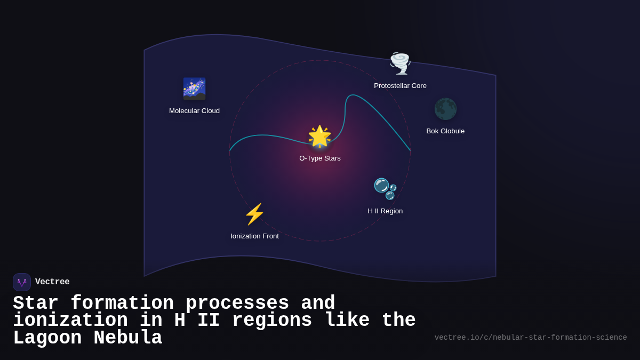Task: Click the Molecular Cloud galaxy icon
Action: [x=194, y=89]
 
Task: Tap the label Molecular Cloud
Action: [x=194, y=111]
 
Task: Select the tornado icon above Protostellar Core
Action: [x=400, y=63]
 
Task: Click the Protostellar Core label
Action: [x=400, y=86]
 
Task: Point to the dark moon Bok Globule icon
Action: [x=445, y=109]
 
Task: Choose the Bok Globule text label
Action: [x=445, y=131]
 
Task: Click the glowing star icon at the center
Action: [x=319, y=137]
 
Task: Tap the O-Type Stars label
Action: [x=320, y=158]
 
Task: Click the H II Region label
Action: [x=385, y=211]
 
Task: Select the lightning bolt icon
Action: [x=254, y=214]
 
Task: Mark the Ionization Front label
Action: [x=254, y=236]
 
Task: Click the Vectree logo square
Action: [x=22, y=282]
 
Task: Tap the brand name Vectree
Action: [x=52, y=282]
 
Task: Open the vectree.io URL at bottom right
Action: [x=531, y=338]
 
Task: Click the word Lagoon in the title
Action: [x=47, y=338]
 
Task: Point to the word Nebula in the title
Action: [x=128, y=338]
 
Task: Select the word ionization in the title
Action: [x=70, y=321]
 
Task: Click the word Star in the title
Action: [x=36, y=303]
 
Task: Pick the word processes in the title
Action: [x=237, y=303]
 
